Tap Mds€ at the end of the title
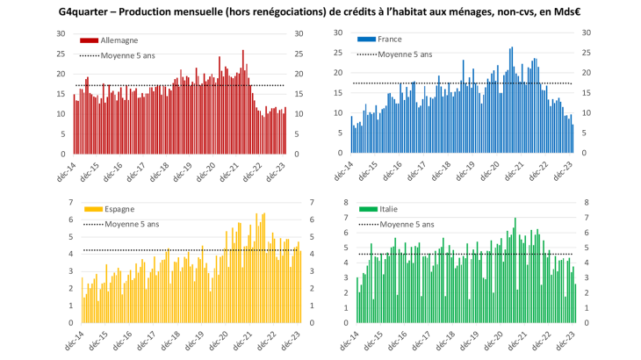tap(555, 11)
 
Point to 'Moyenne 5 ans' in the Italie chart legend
tap(405, 224)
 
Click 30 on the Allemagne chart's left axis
tap(61, 33)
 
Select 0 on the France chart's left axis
tap(342, 155)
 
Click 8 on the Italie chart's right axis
tap(585, 203)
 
